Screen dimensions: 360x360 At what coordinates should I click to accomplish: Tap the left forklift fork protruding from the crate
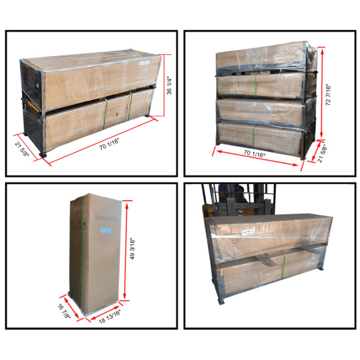(265, 260)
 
